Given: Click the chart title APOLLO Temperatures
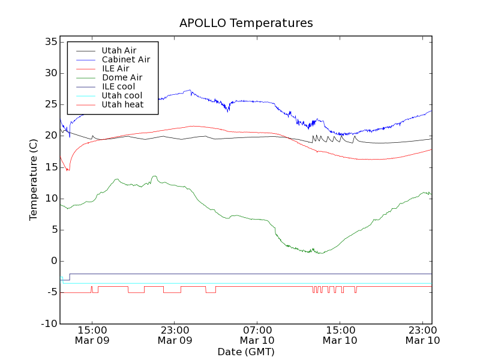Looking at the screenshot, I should [x=246, y=23].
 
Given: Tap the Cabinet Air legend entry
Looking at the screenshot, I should [x=125, y=59].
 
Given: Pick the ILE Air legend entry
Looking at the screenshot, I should [x=115, y=68].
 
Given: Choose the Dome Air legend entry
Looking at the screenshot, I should [x=122, y=77].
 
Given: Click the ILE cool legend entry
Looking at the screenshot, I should [x=118, y=86].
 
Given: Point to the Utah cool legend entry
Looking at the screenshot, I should [x=122, y=95].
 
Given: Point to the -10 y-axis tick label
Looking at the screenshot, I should [x=49, y=323].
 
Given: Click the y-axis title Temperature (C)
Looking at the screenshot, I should [x=34, y=183].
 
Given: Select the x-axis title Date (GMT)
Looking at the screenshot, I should [x=246, y=352].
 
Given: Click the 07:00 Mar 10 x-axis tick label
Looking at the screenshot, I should [x=257, y=335].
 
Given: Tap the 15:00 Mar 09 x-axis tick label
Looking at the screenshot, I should [x=92, y=335].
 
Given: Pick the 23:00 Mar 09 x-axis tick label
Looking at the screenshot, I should [x=175, y=335].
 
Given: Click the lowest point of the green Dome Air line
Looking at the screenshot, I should [x=321, y=253].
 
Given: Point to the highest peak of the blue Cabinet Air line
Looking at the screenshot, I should [x=190, y=90].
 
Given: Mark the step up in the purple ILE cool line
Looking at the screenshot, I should [x=70, y=277].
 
